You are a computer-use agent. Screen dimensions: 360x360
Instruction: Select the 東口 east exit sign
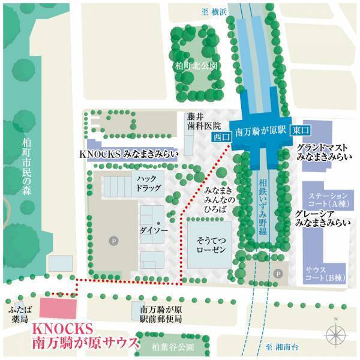[x=300, y=131]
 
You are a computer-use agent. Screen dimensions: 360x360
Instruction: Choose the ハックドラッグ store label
[x=149, y=183]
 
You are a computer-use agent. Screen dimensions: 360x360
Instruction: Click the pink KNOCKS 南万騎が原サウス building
[x=58, y=308]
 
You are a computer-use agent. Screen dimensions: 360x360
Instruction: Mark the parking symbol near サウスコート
[x=277, y=273]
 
